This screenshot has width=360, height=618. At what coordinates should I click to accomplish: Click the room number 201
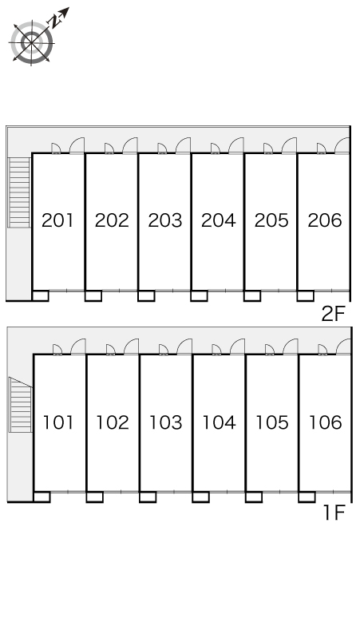click(x=57, y=220)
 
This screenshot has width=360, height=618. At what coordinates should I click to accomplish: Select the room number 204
click(x=218, y=220)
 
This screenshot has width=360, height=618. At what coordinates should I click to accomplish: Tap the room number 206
click(x=325, y=220)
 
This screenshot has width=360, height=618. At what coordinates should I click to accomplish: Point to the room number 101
click(x=58, y=422)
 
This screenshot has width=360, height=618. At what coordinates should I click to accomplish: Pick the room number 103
click(x=165, y=422)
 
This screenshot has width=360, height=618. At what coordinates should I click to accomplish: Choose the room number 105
click(x=271, y=422)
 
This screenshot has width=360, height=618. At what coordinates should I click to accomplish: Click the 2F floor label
click(x=333, y=314)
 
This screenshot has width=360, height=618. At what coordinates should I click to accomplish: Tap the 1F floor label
click(x=334, y=513)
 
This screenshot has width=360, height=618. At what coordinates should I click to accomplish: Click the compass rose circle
click(x=31, y=42)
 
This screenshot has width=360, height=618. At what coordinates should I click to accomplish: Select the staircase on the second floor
click(x=19, y=192)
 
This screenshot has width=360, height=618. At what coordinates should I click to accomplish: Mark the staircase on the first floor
click(x=21, y=405)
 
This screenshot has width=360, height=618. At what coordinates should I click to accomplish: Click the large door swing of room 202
click(x=130, y=145)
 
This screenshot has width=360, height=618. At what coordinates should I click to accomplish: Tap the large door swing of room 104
click(x=238, y=347)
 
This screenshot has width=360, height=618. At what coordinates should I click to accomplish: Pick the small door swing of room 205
click(x=268, y=149)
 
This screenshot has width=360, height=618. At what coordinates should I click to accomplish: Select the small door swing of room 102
click(x=111, y=350)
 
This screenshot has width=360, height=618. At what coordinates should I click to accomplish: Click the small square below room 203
click(x=146, y=296)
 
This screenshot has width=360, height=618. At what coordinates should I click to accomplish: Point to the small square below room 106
click(x=307, y=497)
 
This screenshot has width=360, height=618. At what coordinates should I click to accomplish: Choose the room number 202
click(x=112, y=220)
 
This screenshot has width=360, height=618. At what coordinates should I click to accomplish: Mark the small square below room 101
click(x=42, y=497)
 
